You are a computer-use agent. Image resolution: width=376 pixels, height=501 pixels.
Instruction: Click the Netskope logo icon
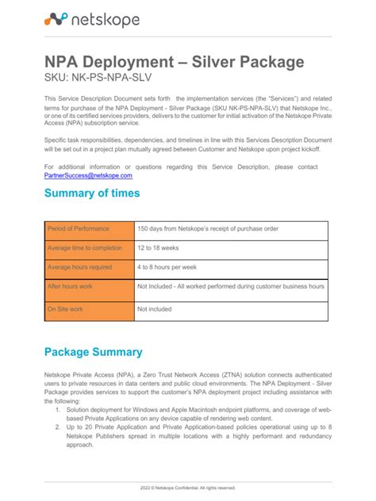click(x=56, y=20)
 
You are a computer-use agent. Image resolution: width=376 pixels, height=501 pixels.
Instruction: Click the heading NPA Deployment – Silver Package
click(x=174, y=62)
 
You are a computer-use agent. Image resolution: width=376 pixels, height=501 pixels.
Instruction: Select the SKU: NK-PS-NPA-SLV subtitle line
click(x=97, y=78)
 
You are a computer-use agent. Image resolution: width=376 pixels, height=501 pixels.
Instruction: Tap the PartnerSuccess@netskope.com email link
click(x=88, y=175)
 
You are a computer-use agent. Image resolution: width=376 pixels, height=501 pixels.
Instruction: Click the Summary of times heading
click(x=92, y=193)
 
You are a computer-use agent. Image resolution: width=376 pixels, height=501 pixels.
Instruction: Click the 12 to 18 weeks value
click(x=159, y=248)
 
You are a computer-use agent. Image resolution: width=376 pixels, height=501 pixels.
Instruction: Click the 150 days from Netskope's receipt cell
click(x=208, y=229)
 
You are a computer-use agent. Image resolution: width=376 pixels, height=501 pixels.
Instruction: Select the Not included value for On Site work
click(x=154, y=309)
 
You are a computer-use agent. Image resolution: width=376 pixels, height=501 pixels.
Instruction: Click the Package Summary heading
click(x=93, y=352)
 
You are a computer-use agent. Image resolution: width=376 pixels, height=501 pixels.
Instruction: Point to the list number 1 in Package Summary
click(x=58, y=411)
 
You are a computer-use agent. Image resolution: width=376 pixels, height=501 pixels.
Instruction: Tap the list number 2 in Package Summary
click(x=58, y=427)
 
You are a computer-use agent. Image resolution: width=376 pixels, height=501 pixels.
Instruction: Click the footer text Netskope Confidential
click(x=188, y=488)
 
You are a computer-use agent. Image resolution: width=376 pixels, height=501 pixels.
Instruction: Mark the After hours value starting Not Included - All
click(x=231, y=286)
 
